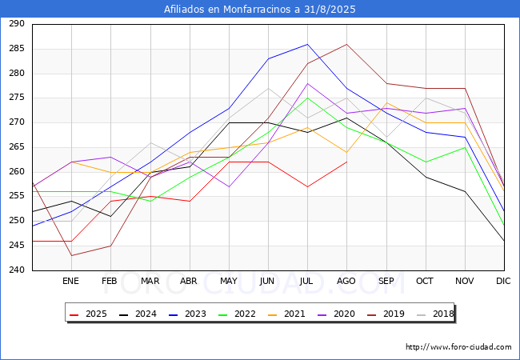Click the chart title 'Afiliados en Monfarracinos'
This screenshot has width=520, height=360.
[228, 9]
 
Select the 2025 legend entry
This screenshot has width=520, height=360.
[88, 314]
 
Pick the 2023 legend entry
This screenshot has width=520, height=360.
[187, 314]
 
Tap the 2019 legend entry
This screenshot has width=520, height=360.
[386, 314]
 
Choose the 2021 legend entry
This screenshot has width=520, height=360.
[286, 314]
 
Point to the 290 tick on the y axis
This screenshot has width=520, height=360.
[17, 24]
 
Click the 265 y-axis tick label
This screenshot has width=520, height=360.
[17, 147]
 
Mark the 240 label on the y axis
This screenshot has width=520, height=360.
[17, 270]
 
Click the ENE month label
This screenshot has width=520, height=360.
[70, 281]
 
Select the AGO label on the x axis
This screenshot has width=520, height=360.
[346, 281]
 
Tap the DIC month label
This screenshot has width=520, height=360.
[503, 281]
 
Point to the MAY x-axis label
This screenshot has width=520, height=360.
[229, 281]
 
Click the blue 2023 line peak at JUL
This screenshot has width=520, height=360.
[307, 44]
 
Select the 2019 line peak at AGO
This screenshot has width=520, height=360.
[347, 44]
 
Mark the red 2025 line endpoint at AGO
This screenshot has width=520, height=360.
[347, 162]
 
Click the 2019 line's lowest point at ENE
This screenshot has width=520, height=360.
[72, 255]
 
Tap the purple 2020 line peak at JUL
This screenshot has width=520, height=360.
[307, 83]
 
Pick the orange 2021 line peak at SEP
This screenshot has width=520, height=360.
[386, 102]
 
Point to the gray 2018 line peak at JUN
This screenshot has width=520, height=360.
[268, 88]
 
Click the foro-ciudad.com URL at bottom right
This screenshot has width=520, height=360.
[458, 347]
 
